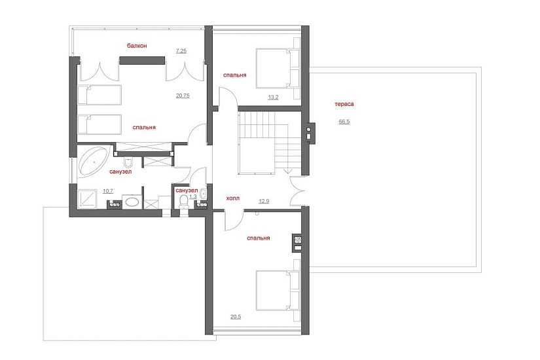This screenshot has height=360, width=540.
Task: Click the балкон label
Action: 137,45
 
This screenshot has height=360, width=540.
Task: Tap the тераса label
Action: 344,103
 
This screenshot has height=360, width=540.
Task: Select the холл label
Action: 233,198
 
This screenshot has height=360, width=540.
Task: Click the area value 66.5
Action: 344,121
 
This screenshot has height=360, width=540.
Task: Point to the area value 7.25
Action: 181,51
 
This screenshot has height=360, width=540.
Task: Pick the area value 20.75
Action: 183,96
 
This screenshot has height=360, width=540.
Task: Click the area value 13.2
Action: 273,97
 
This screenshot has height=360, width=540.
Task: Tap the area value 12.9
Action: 264,201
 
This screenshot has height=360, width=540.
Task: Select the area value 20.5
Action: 236,317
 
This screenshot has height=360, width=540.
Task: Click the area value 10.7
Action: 108,191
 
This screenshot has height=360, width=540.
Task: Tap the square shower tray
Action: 88,200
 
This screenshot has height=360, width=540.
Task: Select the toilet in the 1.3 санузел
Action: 184,201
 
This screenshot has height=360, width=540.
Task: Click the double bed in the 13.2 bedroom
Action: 278,68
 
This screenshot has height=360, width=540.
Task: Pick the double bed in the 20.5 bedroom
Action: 278,291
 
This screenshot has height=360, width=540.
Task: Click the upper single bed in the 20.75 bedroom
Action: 99,95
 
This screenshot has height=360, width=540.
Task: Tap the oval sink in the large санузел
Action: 132,201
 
